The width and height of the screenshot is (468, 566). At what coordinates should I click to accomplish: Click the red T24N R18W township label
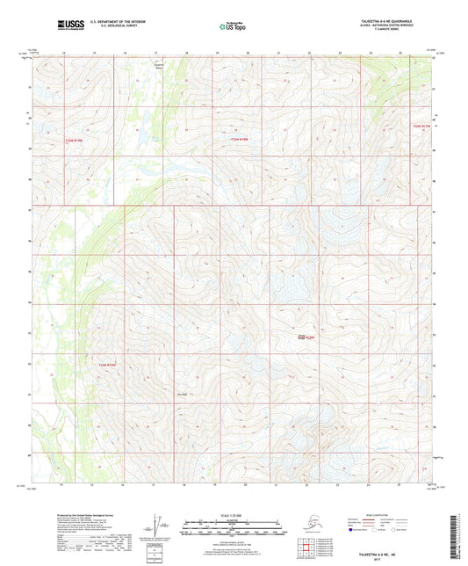click(x=304, y=337)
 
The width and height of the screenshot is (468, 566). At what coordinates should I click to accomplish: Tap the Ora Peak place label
click(x=183, y=393)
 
